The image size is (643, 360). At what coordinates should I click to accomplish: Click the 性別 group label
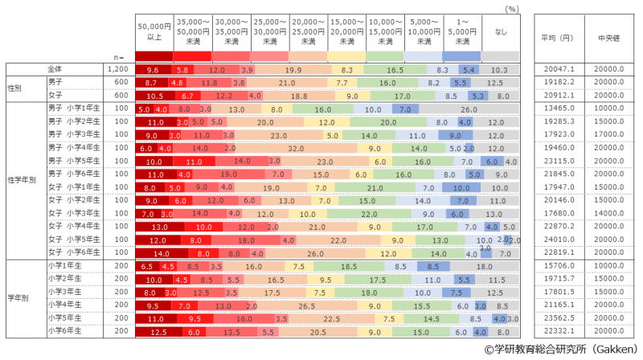(x=15, y=88)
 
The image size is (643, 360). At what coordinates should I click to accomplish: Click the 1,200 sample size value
(x=117, y=70)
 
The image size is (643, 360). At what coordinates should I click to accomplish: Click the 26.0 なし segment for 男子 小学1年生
(x=469, y=108)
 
